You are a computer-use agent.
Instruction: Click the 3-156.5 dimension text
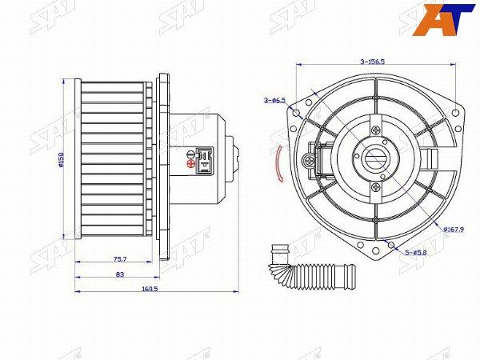point(373,61)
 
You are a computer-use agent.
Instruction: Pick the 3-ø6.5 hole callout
point(274,100)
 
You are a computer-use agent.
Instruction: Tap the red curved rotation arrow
point(277,165)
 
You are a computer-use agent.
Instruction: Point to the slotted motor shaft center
point(374,158)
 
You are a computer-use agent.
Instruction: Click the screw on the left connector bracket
point(308,161)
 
